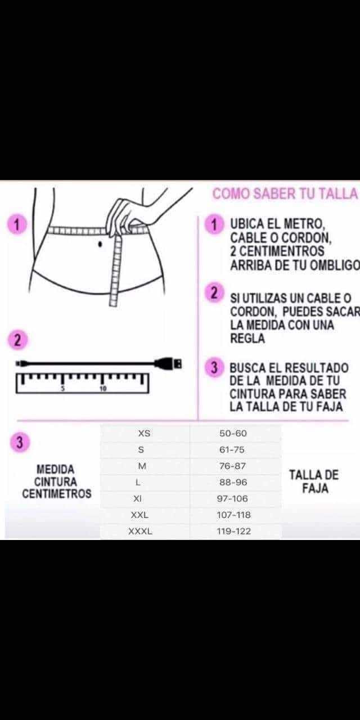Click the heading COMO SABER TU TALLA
click(x=285, y=194)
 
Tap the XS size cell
click(x=145, y=433)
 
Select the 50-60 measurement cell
click(x=233, y=433)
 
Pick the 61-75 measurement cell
click(x=232, y=449)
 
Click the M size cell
click(x=142, y=466)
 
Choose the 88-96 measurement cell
click(x=233, y=483)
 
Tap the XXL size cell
click(x=139, y=515)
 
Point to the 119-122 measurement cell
click(x=233, y=532)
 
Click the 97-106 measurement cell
click(x=232, y=498)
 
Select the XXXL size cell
click(x=140, y=532)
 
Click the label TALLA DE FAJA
click(x=314, y=481)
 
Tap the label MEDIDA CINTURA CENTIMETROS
click(x=57, y=481)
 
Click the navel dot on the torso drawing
click(x=100, y=244)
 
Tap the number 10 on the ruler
click(x=103, y=389)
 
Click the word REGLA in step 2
click(x=247, y=339)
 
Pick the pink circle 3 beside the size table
click(x=20, y=442)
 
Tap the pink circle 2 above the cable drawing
click(x=17, y=340)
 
